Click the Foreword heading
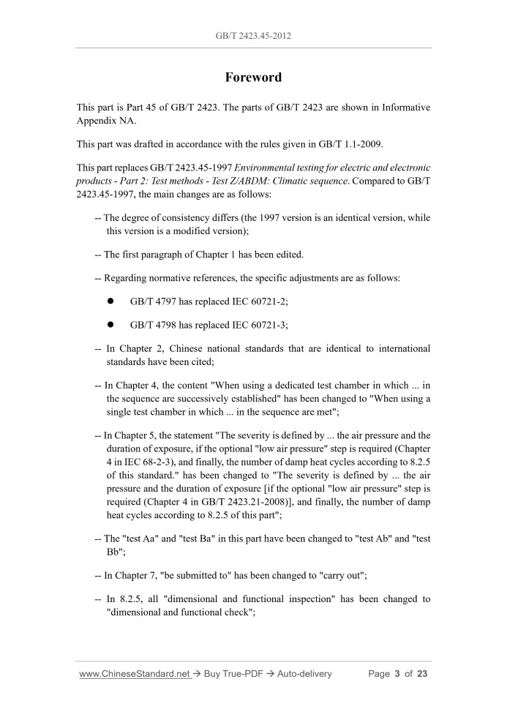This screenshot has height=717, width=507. (253, 78)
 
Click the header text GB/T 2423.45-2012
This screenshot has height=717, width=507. (253, 35)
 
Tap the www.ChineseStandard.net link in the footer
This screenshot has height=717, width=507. (134, 674)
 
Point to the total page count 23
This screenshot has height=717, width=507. (421, 674)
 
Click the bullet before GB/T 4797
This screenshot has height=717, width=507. (110, 301)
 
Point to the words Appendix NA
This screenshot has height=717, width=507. (106, 121)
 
